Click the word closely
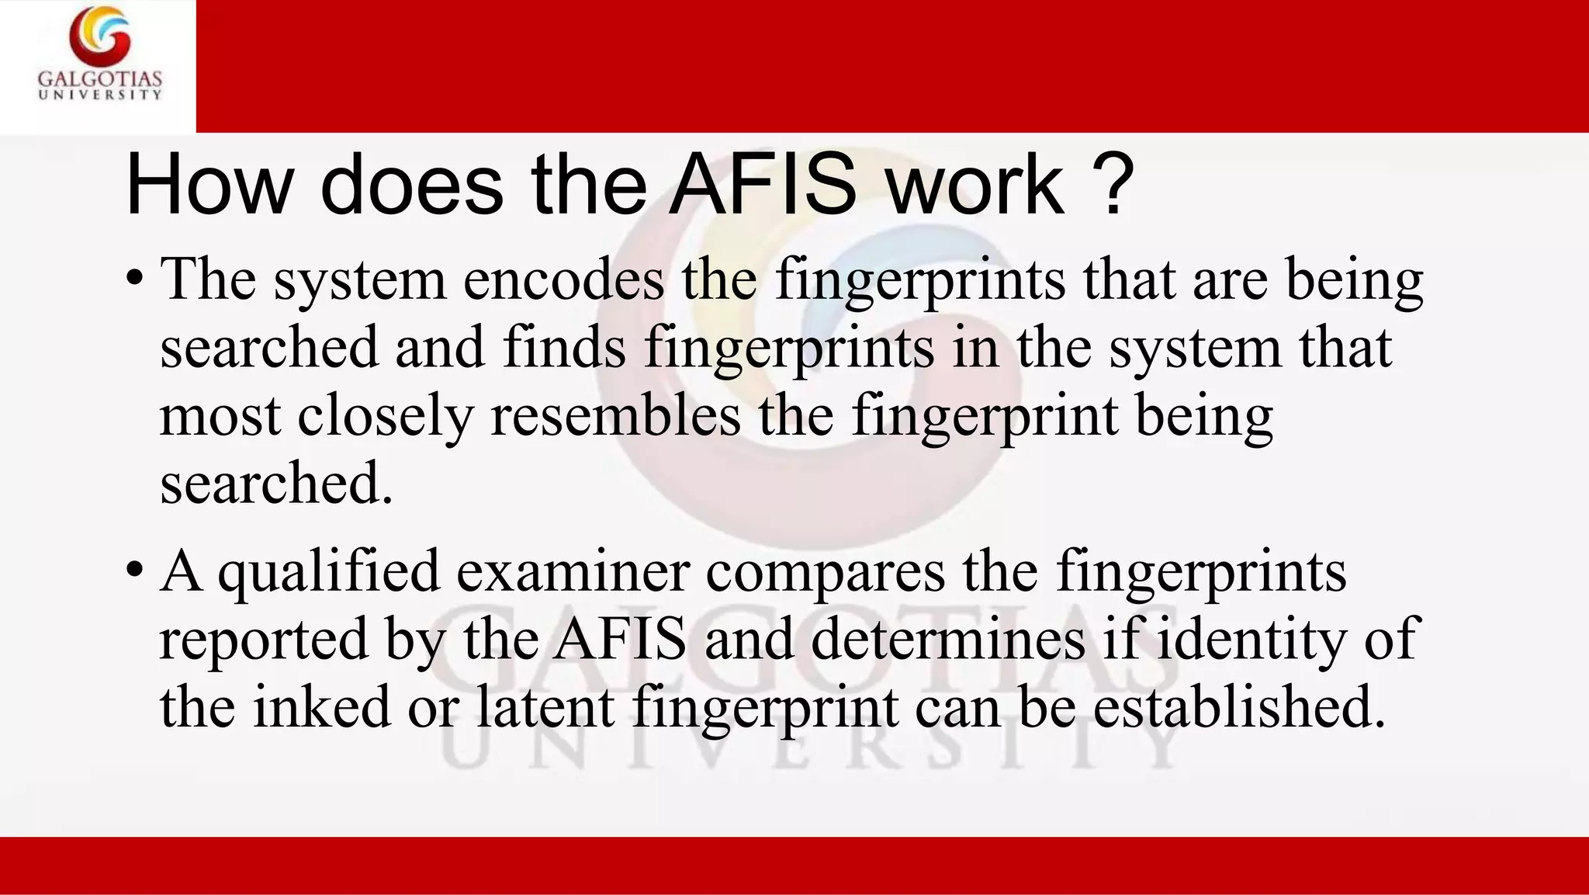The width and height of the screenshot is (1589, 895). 386,417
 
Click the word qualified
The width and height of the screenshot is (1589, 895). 328,572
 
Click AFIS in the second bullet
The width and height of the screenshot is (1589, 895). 621,638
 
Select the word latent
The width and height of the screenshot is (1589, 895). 545,706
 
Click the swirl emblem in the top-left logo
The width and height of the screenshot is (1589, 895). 99,36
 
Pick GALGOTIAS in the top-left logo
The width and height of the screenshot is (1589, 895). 100,79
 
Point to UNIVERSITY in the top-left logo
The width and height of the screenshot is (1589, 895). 100,95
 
